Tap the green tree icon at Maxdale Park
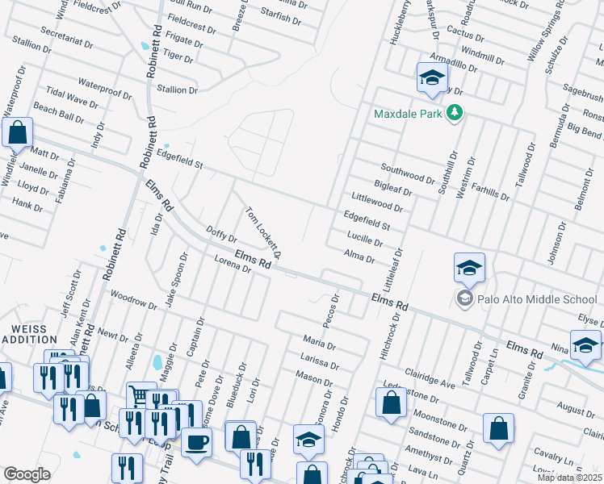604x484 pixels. point(455,113)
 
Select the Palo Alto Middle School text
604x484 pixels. point(536,299)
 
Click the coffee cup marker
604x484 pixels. point(196,442)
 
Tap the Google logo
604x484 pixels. point(27,474)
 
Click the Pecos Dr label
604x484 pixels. point(331,311)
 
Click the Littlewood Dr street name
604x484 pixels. point(377,202)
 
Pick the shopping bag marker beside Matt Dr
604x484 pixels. point(17,133)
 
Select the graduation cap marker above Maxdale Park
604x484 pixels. point(431,78)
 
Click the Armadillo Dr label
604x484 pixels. point(455,64)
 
